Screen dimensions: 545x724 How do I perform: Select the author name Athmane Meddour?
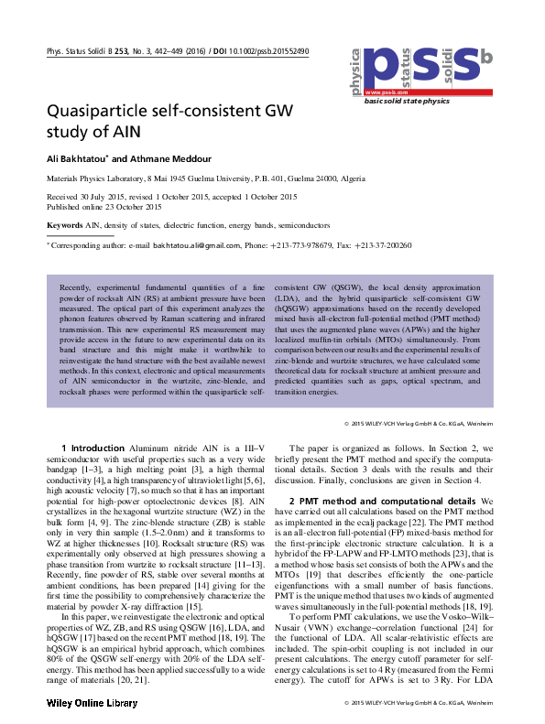(x=158, y=158)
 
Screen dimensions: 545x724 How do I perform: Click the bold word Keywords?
(x=64, y=223)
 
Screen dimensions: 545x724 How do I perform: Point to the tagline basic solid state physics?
(x=408, y=102)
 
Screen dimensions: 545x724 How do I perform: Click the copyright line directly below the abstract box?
(x=418, y=423)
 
